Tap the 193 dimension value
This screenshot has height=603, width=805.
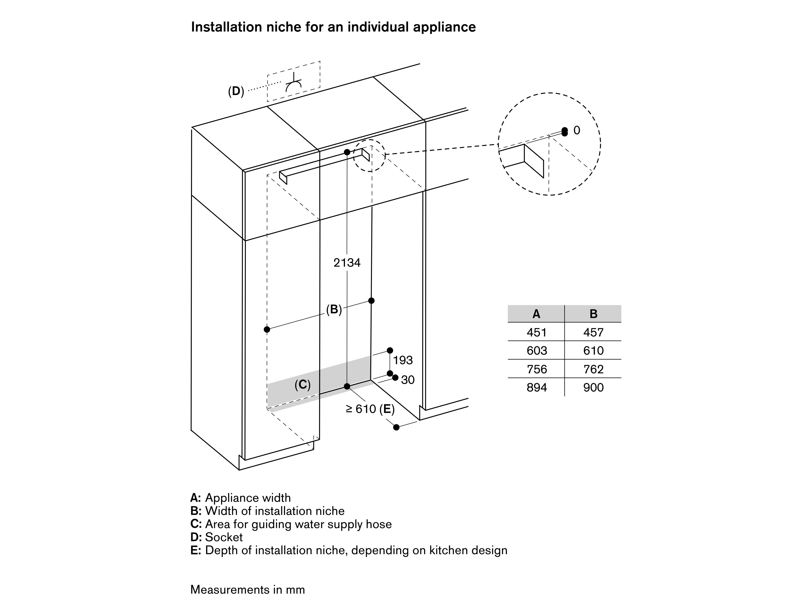click(x=403, y=360)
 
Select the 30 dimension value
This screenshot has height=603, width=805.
click(x=408, y=380)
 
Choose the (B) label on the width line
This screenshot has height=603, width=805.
click(x=334, y=310)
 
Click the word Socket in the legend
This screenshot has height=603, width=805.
click(x=224, y=537)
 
